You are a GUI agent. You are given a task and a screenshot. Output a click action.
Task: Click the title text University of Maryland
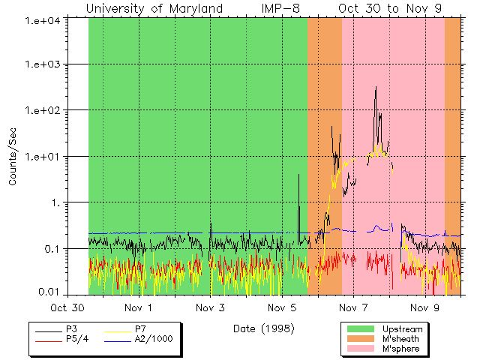coord(154,8)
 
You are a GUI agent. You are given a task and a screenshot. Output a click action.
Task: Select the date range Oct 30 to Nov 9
coord(390,8)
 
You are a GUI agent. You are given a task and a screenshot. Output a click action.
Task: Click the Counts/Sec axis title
coord(13,157)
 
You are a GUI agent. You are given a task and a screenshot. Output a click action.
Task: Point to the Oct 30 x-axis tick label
coord(67,307)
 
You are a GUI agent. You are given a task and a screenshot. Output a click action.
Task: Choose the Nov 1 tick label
coord(139,307)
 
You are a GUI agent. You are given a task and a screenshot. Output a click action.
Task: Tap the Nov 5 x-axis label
coord(282,307)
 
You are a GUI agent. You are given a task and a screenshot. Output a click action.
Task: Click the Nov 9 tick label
coord(425,307)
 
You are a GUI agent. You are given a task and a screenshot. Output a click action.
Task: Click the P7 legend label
coord(140,328)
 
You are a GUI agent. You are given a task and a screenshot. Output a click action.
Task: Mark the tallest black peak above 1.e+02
coord(375,88)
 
